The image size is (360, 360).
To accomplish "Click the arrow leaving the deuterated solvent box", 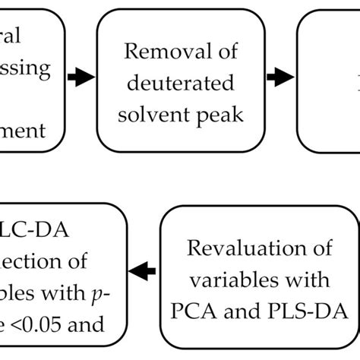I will [281, 76].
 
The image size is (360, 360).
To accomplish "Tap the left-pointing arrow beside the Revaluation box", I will [144, 267].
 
